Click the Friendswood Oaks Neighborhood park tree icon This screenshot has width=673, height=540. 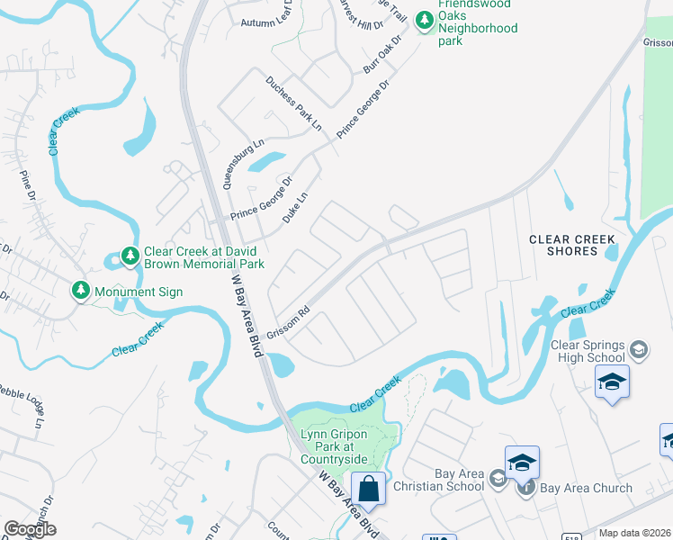click(423, 18)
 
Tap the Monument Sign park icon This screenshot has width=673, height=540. click(82, 291)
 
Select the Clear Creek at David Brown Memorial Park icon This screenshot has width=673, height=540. click(130, 257)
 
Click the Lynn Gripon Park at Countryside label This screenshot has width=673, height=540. click(334, 446)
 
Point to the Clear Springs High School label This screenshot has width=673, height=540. click(587, 350)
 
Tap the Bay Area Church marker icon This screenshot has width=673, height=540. click(526, 488)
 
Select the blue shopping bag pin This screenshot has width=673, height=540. click(368, 490)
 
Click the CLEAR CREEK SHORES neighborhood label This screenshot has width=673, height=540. click(572, 245)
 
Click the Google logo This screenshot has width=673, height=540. click(30, 529)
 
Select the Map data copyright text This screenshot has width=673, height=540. click(634, 533)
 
